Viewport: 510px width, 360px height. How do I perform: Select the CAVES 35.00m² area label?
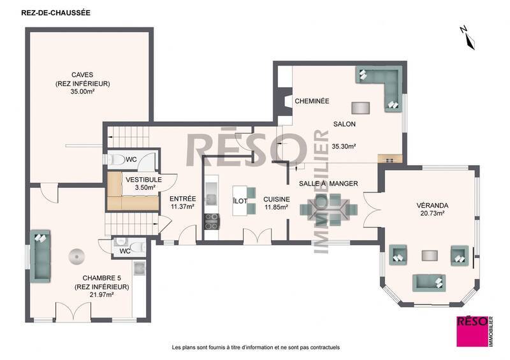pos(83,83)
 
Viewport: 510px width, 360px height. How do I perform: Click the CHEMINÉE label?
pos(312,101)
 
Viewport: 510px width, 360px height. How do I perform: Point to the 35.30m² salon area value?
pos(344,146)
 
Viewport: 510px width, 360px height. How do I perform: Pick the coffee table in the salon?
pos(360,106)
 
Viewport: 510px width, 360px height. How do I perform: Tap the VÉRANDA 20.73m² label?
pos(433,210)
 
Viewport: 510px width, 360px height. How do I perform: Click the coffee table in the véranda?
pos(428,256)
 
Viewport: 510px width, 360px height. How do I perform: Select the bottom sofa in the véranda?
pos(430,280)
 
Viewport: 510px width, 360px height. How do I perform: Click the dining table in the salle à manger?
pos(326,209)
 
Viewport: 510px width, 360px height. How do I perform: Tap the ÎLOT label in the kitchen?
pos(240,201)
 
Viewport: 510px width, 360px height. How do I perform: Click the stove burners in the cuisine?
pos(211,222)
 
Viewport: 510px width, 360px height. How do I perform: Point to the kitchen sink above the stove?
pos(211,192)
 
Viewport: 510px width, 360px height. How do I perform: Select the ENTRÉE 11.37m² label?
pos(182,203)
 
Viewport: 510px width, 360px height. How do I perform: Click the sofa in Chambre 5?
pos(41,254)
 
